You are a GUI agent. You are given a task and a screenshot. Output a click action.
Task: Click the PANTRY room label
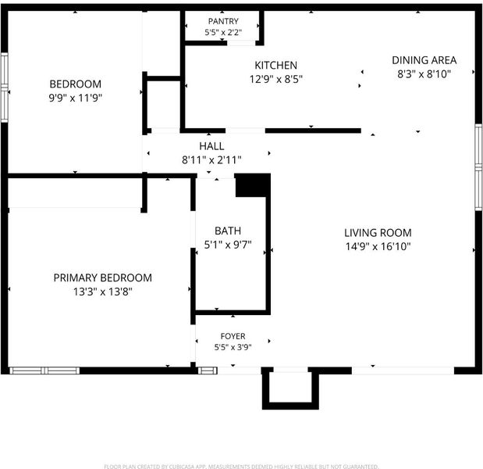tap(223, 21)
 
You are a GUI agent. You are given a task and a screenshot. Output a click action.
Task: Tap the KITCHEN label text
tap(276, 65)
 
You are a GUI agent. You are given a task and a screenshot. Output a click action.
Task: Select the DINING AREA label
tap(424, 60)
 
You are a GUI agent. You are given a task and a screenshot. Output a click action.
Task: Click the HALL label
tap(211, 146)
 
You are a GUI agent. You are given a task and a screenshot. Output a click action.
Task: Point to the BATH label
tap(228, 231)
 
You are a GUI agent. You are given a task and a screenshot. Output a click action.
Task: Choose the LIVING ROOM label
tap(378, 233)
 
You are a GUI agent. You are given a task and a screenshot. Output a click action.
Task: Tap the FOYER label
tap(233, 336)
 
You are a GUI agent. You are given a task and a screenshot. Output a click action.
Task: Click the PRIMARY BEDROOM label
tap(103, 277)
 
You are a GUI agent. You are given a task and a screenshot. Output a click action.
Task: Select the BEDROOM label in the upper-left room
tap(76, 84)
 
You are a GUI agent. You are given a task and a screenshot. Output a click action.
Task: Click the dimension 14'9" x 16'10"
tap(378, 246)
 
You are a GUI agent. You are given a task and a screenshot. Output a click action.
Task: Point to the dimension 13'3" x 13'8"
tap(103, 292)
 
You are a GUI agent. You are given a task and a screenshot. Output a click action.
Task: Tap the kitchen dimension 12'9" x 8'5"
tap(276, 79)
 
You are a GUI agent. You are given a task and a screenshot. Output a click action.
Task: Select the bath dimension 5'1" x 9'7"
tap(228, 245)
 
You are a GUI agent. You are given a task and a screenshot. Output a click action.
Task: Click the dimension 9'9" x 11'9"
tap(76, 98)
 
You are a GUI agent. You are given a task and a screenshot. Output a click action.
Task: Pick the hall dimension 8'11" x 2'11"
tap(211, 160)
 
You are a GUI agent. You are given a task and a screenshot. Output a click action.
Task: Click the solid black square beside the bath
tap(253, 185)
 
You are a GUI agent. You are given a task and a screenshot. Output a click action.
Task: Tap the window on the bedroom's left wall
tap(5, 88)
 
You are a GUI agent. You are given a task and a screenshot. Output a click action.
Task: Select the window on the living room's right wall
tap(478, 167)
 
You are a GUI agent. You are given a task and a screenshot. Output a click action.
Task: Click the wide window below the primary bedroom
tap(44, 371)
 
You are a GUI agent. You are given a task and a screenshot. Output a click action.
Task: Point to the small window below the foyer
tap(208, 371)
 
